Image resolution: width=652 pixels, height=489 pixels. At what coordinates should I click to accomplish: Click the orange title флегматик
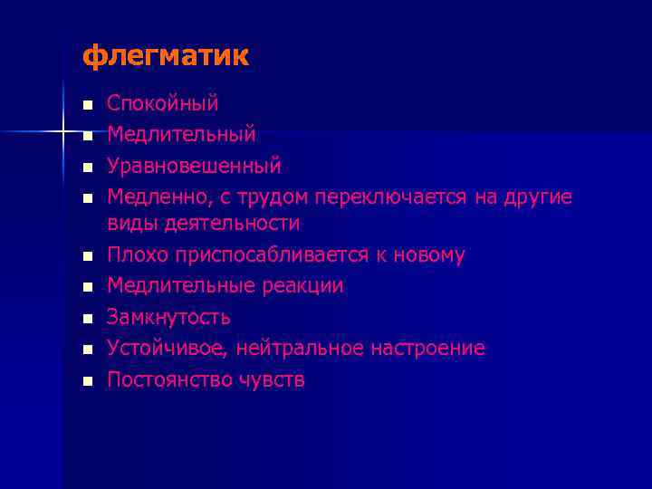165,57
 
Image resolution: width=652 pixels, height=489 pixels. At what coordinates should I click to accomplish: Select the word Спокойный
163,104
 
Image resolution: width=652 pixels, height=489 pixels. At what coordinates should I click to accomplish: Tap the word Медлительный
181,135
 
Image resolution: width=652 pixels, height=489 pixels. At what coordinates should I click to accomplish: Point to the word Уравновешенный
194,167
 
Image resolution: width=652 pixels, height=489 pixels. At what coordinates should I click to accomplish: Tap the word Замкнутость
168,318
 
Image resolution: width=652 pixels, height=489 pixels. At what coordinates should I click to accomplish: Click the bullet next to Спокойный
87,105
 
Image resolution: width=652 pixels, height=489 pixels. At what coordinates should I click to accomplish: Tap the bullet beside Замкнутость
87,319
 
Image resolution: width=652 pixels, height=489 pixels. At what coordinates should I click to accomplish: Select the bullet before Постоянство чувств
87,381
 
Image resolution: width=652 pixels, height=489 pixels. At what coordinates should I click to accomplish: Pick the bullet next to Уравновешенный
87,168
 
